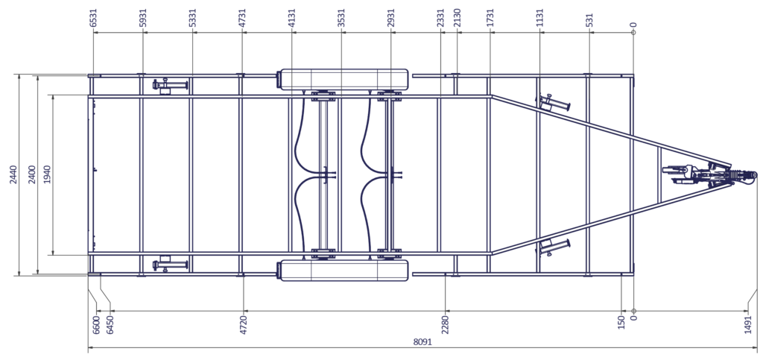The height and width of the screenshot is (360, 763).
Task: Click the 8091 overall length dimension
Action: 422,341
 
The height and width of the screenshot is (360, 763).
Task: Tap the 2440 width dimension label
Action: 13,175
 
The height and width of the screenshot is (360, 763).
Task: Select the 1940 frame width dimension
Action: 47,175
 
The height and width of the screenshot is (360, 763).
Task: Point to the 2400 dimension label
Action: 31,175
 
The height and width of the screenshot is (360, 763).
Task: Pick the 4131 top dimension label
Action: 292,17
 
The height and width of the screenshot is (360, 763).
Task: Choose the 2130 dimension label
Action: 457,17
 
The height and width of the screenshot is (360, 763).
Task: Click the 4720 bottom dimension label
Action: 244,324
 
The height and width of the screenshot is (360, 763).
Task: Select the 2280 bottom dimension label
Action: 446,324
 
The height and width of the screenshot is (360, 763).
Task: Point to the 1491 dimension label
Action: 748,324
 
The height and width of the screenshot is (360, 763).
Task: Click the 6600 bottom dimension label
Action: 96,324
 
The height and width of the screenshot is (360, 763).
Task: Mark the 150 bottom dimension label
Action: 621,322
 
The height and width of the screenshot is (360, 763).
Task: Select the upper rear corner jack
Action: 170,86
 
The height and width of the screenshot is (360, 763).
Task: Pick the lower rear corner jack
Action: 170,264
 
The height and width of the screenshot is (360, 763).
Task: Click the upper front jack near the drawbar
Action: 553,103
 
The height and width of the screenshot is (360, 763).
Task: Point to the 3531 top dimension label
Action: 341,17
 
